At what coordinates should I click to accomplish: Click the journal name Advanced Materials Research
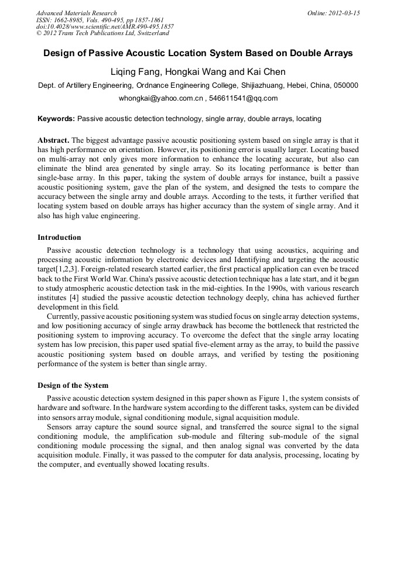76,13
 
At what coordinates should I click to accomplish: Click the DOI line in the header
105,27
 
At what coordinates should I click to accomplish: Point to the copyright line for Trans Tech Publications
102,33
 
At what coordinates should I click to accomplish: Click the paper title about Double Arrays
198,53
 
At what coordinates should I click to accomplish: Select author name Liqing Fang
136,72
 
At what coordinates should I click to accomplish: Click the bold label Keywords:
56,119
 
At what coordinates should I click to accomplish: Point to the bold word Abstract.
53,141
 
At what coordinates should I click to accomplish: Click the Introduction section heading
59,238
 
